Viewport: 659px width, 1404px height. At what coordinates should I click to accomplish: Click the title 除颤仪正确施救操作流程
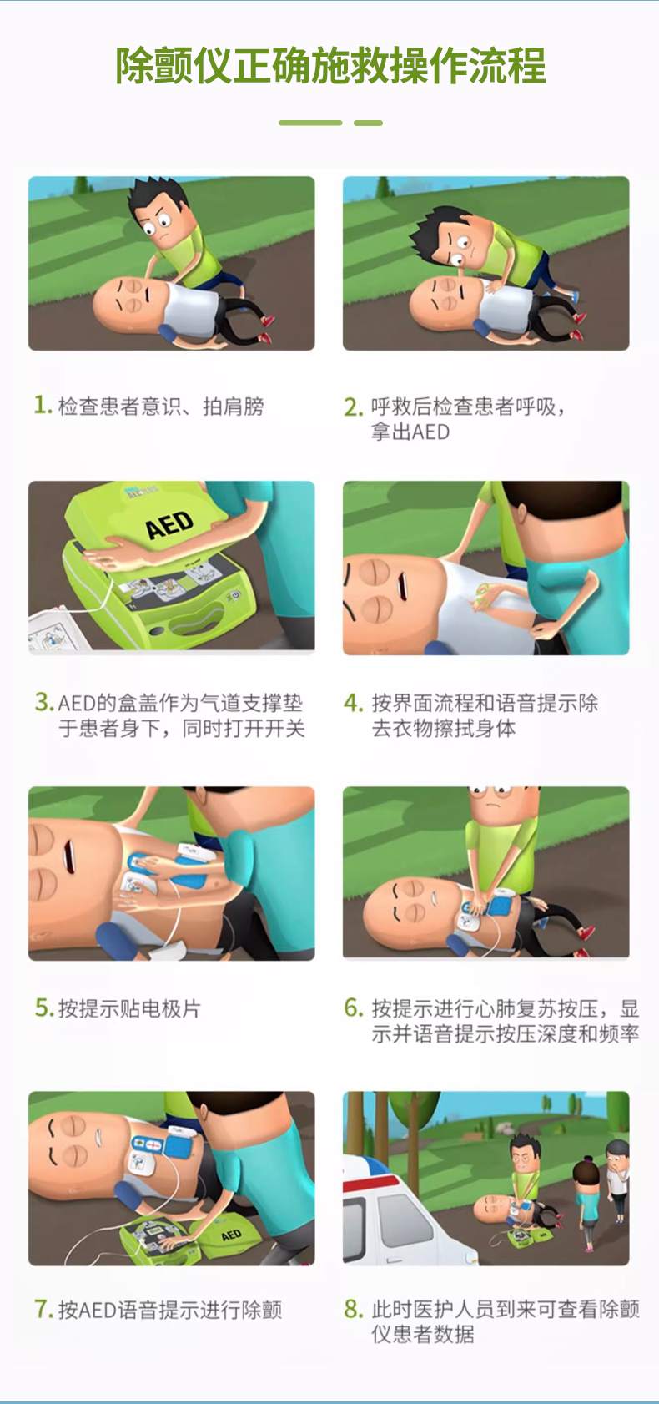click(x=330, y=67)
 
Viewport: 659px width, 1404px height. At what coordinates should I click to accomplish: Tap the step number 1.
click(x=42, y=406)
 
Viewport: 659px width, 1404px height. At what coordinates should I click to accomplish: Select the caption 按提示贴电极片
click(x=129, y=1008)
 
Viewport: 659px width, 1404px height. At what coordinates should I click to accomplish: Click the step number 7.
click(x=43, y=1309)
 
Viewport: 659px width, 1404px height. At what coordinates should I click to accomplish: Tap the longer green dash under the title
click(x=310, y=123)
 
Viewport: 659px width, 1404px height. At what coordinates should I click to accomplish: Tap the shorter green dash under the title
click(x=368, y=123)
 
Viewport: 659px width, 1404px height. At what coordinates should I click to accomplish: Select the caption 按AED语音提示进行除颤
click(x=169, y=1309)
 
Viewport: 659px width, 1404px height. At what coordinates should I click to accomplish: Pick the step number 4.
click(x=354, y=703)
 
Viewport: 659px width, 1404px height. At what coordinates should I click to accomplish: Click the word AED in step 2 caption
click(x=430, y=432)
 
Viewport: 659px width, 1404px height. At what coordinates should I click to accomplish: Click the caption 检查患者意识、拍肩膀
click(x=160, y=406)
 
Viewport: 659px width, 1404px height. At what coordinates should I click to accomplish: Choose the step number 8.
click(x=354, y=1309)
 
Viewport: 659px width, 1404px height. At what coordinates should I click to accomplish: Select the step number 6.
click(x=354, y=1008)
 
